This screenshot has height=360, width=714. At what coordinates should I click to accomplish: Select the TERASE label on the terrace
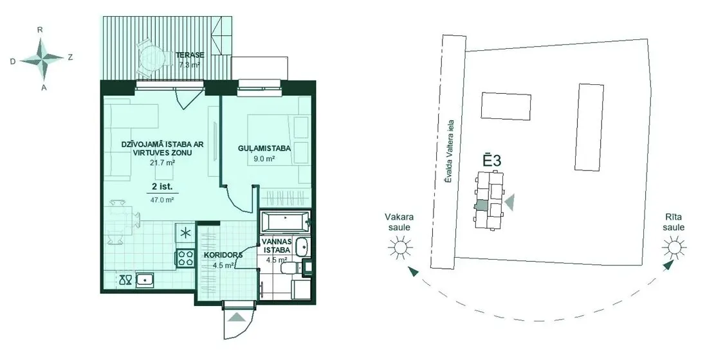[x=190, y=55]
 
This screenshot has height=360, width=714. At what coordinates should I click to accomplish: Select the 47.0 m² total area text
[x=162, y=199]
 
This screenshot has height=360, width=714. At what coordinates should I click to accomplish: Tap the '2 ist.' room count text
[x=162, y=186]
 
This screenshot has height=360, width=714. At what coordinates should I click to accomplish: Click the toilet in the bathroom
[x=290, y=269]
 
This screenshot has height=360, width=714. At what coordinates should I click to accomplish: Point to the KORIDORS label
[x=223, y=255]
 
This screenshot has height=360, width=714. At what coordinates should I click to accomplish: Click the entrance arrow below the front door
[x=237, y=317]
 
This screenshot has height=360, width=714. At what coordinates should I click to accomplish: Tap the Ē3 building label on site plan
[x=492, y=161]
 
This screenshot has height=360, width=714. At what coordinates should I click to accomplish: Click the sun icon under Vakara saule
[x=399, y=248]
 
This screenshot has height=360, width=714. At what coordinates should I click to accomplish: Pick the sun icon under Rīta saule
[x=673, y=248]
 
